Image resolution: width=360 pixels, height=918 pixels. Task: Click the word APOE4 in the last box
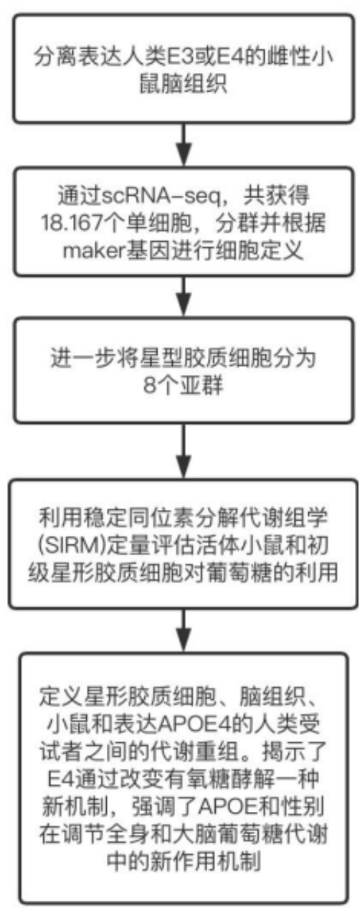click(x=194, y=725)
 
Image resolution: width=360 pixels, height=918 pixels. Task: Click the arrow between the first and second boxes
click(x=184, y=144)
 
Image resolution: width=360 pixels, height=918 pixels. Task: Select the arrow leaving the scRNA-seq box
click(x=184, y=296)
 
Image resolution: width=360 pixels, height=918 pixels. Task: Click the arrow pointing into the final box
click(x=184, y=630)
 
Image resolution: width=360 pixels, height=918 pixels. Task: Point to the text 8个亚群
click(x=184, y=386)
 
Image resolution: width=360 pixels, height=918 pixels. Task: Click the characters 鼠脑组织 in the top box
click(x=184, y=85)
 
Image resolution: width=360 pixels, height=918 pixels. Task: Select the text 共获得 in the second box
click(x=277, y=197)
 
